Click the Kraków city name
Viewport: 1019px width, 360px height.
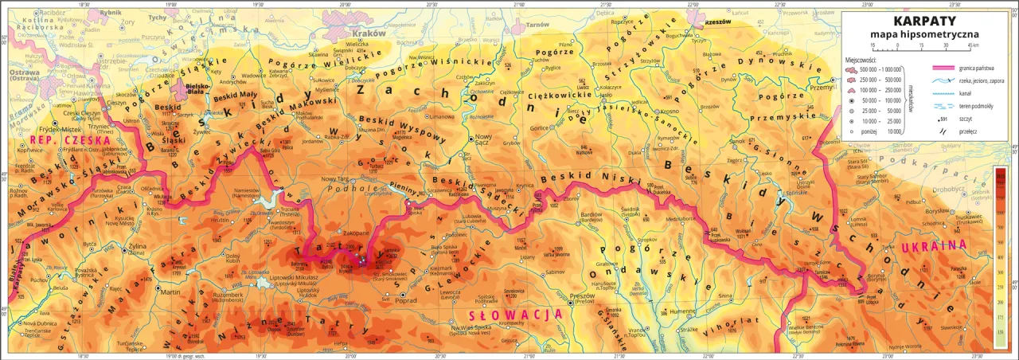(x=369, y=34)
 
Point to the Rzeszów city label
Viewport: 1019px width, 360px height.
(x=717, y=23)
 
